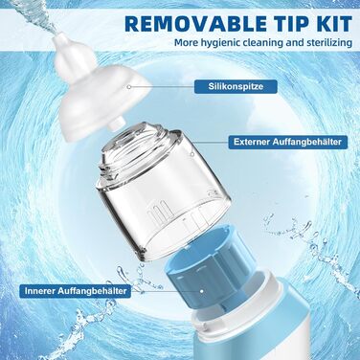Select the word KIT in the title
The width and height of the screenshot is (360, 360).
click(333, 23)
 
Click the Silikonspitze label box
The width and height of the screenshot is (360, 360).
click(231, 86)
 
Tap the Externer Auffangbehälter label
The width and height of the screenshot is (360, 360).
click(287, 142)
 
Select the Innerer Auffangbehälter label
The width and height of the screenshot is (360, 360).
click(76, 291)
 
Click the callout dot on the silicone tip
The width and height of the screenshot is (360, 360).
click(129, 86)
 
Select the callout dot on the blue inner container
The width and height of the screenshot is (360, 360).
click(202, 291)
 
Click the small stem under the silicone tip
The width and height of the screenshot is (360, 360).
click(117, 124)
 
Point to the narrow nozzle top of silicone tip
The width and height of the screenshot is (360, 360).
click(67, 41)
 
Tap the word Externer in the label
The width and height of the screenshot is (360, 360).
click(251, 142)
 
